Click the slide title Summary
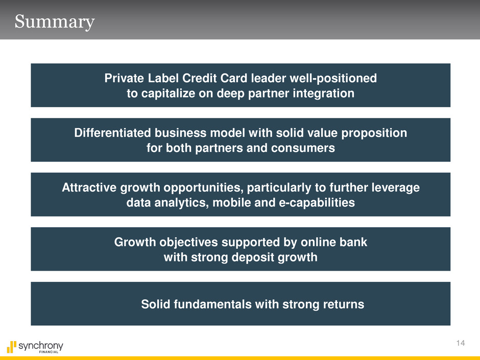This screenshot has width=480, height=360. [x=55, y=22]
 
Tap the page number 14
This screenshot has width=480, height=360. [x=461, y=343]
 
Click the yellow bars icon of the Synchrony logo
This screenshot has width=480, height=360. [x=11, y=347]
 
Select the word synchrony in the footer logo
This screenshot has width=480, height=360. [x=41, y=346]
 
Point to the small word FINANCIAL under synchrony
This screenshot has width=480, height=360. [x=49, y=352]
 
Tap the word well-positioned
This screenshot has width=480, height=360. [x=333, y=78]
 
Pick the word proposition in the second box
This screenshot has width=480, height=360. [x=374, y=133]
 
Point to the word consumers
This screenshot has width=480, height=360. [x=303, y=148]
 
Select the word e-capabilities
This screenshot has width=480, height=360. [x=317, y=203]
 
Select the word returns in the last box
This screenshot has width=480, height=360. [x=344, y=304]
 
